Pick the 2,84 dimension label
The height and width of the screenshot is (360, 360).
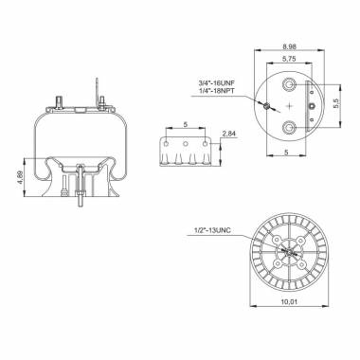(227, 135)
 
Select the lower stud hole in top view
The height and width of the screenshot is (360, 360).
(288, 128)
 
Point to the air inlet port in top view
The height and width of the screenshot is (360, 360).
(269, 105)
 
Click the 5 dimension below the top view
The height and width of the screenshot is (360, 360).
(288, 153)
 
